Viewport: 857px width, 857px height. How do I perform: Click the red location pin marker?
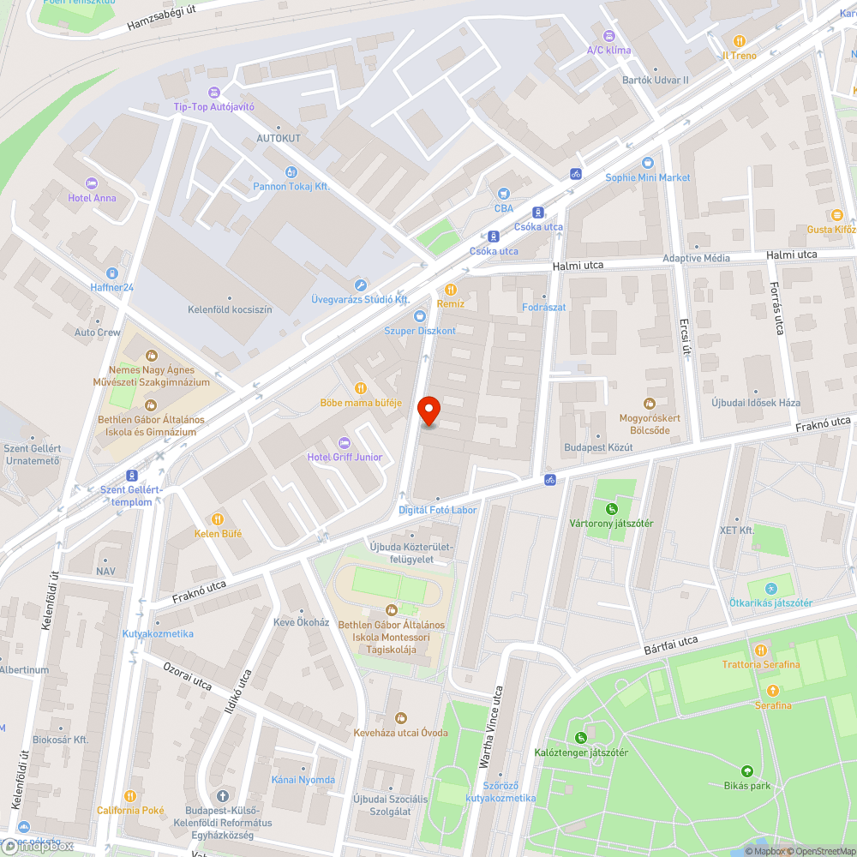(x=428, y=411)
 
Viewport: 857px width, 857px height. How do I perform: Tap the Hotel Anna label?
(x=92, y=198)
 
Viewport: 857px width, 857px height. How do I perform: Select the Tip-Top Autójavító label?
(x=213, y=106)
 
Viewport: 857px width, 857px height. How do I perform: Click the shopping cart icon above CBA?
(x=504, y=193)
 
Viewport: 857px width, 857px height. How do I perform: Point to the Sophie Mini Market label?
(x=647, y=177)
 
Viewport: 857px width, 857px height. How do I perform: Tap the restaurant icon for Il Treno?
(x=740, y=41)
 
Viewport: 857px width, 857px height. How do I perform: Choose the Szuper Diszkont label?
(x=420, y=331)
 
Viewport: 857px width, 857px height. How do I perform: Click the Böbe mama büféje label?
(x=361, y=402)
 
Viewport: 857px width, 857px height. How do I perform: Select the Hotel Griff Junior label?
(x=345, y=457)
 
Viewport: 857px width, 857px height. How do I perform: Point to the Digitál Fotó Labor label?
(x=437, y=510)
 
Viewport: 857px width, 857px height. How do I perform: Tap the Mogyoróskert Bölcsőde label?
(x=650, y=424)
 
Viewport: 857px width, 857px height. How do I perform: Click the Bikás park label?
(x=746, y=785)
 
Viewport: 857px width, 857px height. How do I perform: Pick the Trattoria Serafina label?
(x=761, y=664)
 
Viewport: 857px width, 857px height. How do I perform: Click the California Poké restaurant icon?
(x=130, y=796)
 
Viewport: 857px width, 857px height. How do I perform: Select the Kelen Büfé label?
(x=218, y=533)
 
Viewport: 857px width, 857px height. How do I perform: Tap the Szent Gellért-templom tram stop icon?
(x=132, y=475)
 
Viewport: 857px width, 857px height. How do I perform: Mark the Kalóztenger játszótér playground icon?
(x=581, y=737)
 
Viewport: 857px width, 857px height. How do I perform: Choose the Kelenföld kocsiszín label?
(x=230, y=309)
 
